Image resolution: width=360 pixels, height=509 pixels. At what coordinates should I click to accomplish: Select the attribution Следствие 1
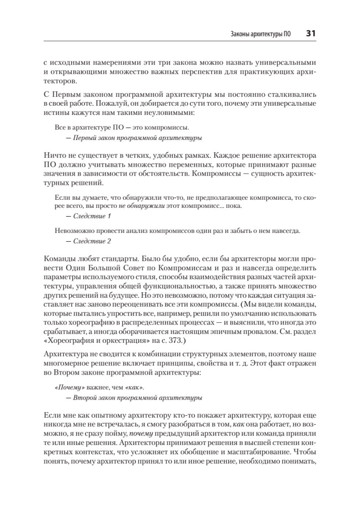[x=92, y=216]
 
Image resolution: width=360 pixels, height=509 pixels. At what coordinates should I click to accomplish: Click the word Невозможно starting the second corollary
[x=73, y=232]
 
